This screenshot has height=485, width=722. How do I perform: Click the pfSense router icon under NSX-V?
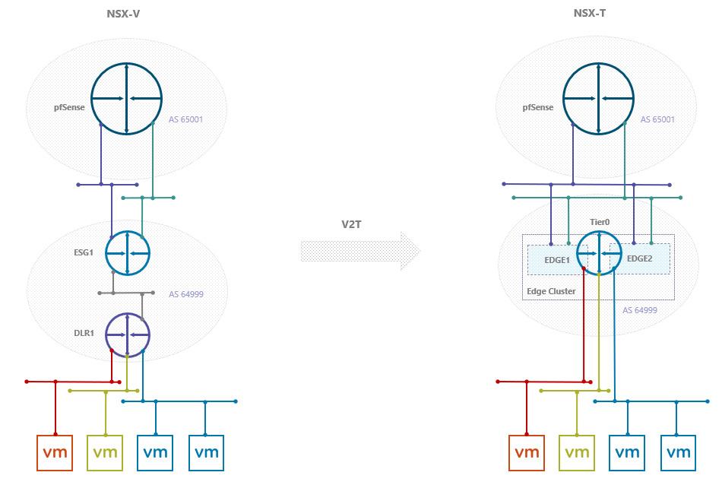tap(126, 99)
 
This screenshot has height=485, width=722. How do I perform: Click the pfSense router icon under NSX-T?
tap(598, 99)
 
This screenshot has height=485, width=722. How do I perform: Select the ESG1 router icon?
tap(128, 253)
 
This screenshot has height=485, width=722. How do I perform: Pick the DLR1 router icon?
tap(128, 334)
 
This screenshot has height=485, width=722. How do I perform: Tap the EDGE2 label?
tap(639, 258)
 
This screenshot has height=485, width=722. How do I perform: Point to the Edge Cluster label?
tap(551, 291)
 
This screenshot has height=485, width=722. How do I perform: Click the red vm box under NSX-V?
tap(55, 453)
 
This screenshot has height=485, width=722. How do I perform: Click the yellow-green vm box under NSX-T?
tap(577, 453)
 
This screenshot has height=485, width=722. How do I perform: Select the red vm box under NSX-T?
tap(527, 453)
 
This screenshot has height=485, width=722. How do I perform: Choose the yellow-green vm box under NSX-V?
tap(105, 453)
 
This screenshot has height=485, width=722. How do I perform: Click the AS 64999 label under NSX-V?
tap(186, 294)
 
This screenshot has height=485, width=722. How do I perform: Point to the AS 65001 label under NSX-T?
tap(657, 119)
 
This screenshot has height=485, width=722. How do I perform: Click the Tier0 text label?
tap(600, 223)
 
